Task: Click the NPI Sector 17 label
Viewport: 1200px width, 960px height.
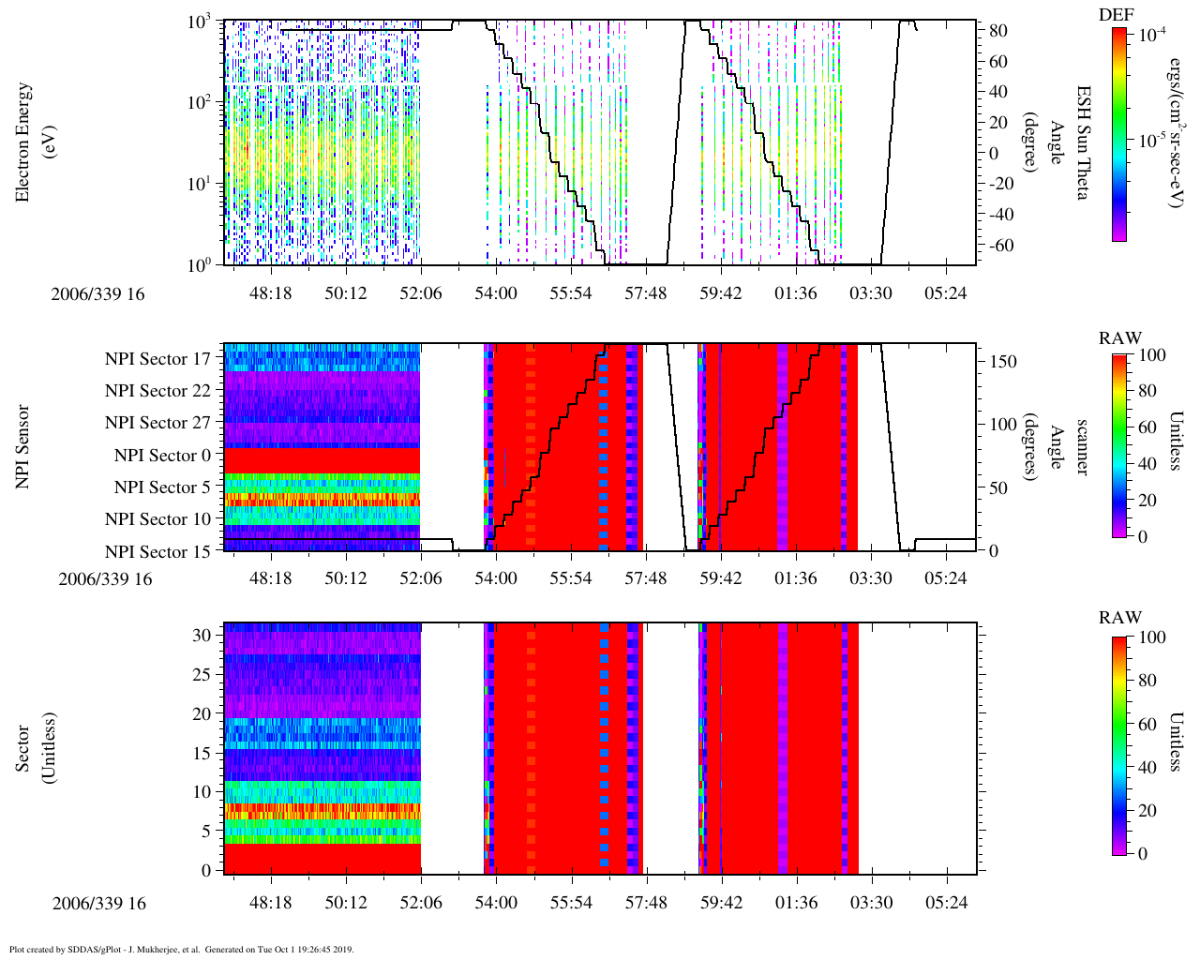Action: (157, 359)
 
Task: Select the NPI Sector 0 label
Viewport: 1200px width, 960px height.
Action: (162, 456)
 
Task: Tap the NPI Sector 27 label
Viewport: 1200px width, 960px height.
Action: (157, 423)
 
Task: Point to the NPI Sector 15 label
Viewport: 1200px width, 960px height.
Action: (157, 552)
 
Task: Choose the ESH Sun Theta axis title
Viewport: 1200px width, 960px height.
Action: (1082, 142)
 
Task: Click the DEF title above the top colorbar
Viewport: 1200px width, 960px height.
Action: (1116, 15)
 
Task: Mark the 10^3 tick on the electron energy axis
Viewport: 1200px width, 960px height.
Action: (198, 22)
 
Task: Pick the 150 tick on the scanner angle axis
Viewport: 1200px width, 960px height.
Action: (1004, 362)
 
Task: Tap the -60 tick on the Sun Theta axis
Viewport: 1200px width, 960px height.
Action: (995, 246)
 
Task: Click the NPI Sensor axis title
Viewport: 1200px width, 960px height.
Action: (23, 446)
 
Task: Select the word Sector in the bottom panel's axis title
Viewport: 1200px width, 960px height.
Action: (23, 747)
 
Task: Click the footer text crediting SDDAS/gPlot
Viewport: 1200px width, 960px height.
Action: (180, 949)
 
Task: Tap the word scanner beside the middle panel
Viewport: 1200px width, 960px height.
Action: (1082, 446)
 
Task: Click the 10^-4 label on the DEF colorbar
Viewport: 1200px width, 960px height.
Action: (1151, 34)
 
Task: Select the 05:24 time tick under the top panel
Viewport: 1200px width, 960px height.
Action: (945, 293)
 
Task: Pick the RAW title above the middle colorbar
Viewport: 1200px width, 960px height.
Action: (1120, 338)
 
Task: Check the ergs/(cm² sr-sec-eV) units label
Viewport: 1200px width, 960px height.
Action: (1175, 142)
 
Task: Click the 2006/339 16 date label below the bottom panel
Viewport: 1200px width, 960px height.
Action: (98, 904)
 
